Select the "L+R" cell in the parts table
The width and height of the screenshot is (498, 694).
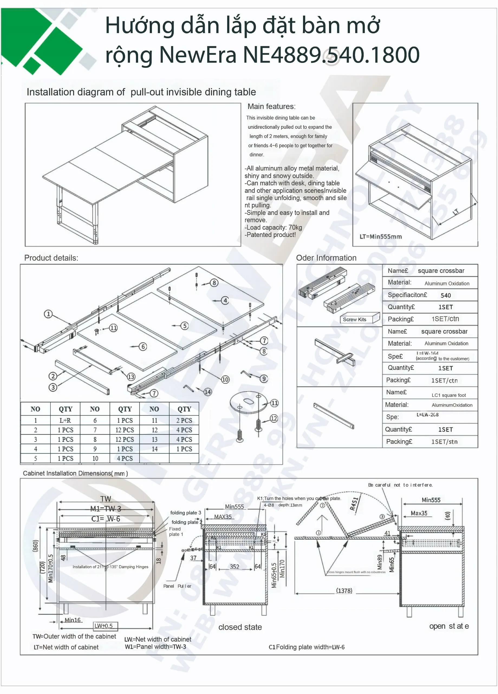pyautogui.click(x=66, y=420)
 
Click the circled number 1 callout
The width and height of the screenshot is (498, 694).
pyautogui.click(x=48, y=314)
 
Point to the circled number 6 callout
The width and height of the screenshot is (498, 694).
pyautogui.click(x=143, y=346)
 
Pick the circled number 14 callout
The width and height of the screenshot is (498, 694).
pyautogui.click(x=208, y=392)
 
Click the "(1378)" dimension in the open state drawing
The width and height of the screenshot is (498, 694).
pyautogui.click(x=344, y=590)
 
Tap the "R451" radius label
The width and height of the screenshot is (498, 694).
pyautogui.click(x=354, y=504)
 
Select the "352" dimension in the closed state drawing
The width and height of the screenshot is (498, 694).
pyautogui.click(x=235, y=566)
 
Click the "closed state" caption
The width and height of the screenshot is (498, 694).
pyautogui.click(x=240, y=627)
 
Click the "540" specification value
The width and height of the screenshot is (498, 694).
pyautogui.click(x=445, y=295)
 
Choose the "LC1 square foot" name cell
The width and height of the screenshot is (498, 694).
pyautogui.click(x=448, y=395)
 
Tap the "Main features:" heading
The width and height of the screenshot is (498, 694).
pyautogui.click(x=271, y=107)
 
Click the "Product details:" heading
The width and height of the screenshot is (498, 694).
pyautogui.click(x=51, y=258)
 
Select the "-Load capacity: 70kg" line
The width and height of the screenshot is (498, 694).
pyautogui.click(x=273, y=227)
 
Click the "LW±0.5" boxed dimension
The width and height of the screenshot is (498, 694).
pyautogui.click(x=103, y=626)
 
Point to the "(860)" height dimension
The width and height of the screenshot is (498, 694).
pyautogui.click(x=36, y=546)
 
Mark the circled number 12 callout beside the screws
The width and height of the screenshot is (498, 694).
pyautogui.click(x=274, y=418)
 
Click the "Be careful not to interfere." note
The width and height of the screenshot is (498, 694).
pyautogui.click(x=400, y=485)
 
